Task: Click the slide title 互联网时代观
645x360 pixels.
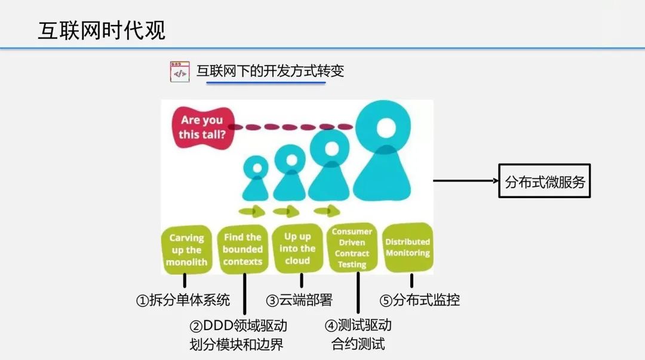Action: pyautogui.click(x=102, y=30)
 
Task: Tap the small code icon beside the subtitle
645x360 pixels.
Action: pyautogui.click(x=179, y=72)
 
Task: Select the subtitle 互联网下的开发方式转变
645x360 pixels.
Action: pyautogui.click(x=270, y=72)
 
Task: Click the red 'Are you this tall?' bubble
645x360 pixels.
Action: pyautogui.click(x=201, y=127)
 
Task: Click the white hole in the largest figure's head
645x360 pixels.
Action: pyautogui.click(x=386, y=127)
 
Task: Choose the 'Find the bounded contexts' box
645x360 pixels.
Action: pyautogui.click(x=242, y=249)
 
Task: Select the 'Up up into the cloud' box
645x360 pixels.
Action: pyautogui.click(x=297, y=248)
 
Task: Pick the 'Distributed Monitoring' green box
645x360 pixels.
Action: pyautogui.click(x=408, y=247)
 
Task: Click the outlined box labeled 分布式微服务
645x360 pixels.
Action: pyautogui.click(x=544, y=181)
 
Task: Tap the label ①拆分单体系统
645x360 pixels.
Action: pyautogui.click(x=183, y=300)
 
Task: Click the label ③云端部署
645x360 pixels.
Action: pyautogui.click(x=299, y=300)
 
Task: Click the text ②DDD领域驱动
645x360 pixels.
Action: pyautogui.click(x=238, y=326)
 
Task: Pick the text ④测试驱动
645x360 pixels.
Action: pyautogui.click(x=358, y=325)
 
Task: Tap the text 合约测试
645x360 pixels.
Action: pyautogui.click(x=358, y=344)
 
